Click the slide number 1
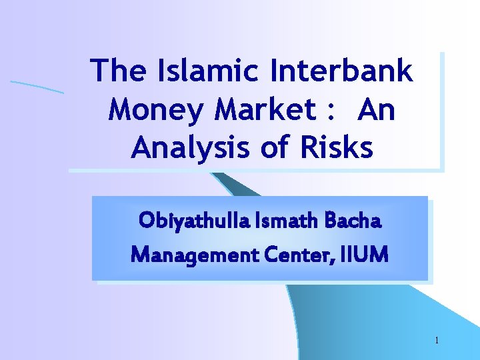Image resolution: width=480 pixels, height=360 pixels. click(x=437, y=341)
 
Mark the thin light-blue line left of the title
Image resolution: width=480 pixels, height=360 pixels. click(x=37, y=86)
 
